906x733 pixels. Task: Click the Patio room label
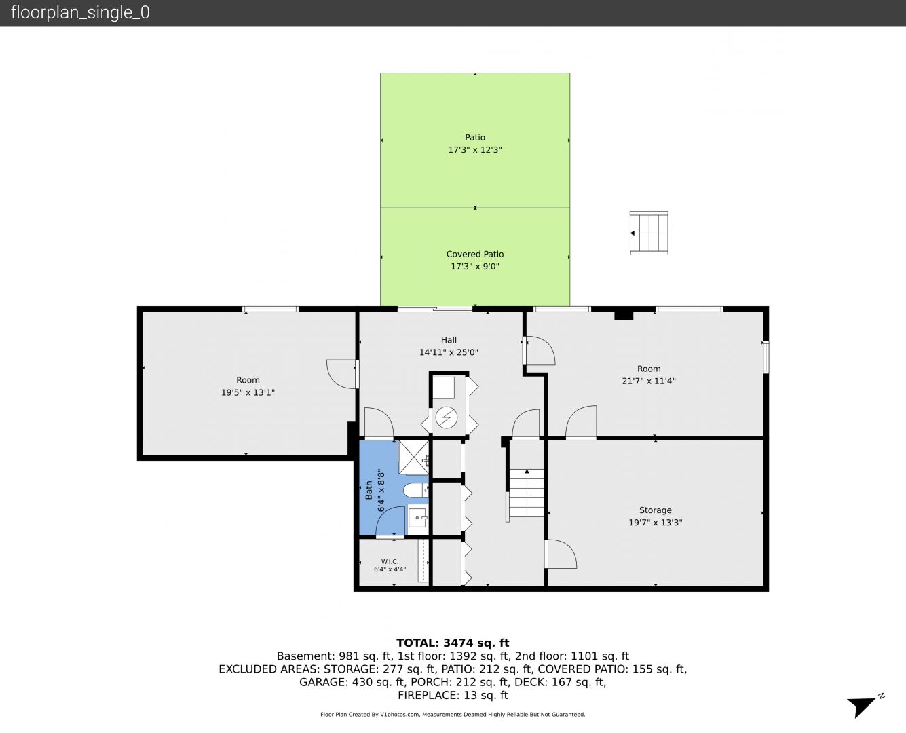click(474, 137)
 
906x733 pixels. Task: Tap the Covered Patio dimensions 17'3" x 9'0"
click(474, 266)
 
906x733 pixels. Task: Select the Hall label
click(449, 340)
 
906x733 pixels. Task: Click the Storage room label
click(655, 510)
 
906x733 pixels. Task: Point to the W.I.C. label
click(390, 561)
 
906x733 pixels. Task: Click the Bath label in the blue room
click(369, 490)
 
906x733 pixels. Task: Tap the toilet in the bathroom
click(415, 490)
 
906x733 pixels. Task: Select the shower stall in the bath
click(413, 457)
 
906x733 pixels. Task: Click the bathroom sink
click(417, 518)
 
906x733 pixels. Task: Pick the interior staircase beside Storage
click(527, 493)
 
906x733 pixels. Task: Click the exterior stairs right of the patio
click(649, 233)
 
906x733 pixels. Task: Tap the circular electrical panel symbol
click(447, 417)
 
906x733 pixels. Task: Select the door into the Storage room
click(561, 554)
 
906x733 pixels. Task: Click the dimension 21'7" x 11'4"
click(649, 381)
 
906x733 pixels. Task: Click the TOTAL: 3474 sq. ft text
click(453, 643)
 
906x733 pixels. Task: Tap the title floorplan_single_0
click(80, 12)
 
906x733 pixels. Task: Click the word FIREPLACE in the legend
click(427, 695)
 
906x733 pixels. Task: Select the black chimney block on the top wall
click(624, 315)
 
